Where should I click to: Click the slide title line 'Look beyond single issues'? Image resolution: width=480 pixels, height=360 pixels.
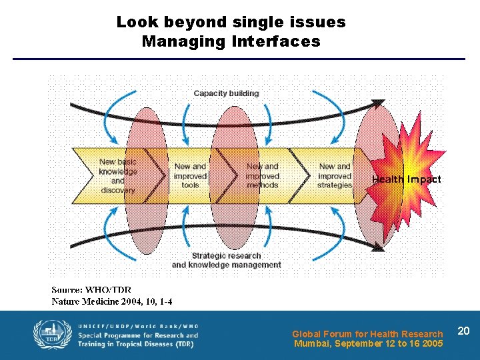click(231, 22)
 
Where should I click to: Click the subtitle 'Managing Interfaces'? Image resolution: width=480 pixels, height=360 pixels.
click(231, 42)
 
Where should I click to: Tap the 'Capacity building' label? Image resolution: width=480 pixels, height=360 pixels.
click(226, 93)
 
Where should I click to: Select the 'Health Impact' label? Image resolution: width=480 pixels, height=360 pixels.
click(406, 179)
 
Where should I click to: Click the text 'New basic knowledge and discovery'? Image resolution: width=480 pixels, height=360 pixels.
click(117, 176)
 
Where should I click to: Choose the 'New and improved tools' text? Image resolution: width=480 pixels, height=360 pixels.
click(191, 176)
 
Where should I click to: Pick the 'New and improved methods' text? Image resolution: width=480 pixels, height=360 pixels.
click(263, 176)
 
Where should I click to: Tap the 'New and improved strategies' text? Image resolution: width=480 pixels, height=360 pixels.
click(335, 176)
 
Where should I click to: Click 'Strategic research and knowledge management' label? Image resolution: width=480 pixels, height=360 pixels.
click(226, 260)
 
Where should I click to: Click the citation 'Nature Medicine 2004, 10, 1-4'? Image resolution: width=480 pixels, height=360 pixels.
click(112, 301)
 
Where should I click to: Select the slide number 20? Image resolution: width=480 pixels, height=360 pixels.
click(464, 331)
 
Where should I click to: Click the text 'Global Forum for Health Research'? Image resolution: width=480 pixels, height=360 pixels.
click(367, 334)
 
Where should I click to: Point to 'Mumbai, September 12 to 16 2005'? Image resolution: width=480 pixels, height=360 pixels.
click(369, 344)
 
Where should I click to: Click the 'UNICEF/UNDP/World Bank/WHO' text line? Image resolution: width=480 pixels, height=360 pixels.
click(138, 325)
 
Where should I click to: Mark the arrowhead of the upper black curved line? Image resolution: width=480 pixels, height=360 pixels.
click(378, 103)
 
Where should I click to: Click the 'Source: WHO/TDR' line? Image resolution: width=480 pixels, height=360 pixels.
click(91, 291)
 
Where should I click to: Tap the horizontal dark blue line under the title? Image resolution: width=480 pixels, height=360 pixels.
click(239, 59)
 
